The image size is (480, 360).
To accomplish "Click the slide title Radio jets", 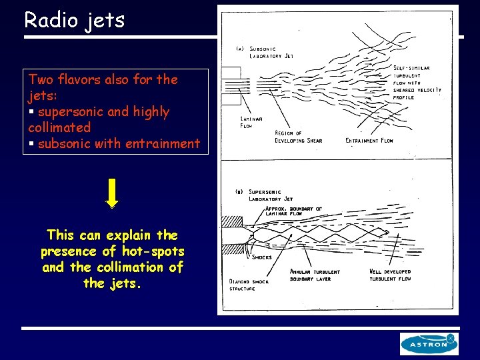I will click(x=74, y=20).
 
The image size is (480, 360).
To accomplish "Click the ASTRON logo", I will click(x=429, y=343).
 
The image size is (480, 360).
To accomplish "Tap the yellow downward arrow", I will click(x=113, y=194).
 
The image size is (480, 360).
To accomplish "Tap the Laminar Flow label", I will click(x=251, y=122).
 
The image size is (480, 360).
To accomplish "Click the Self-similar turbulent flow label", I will click(x=417, y=83).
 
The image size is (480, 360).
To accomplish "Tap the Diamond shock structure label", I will click(x=249, y=285).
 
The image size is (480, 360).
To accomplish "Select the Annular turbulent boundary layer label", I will click(x=315, y=275).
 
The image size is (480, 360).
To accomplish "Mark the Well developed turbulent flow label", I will click(x=390, y=275).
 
